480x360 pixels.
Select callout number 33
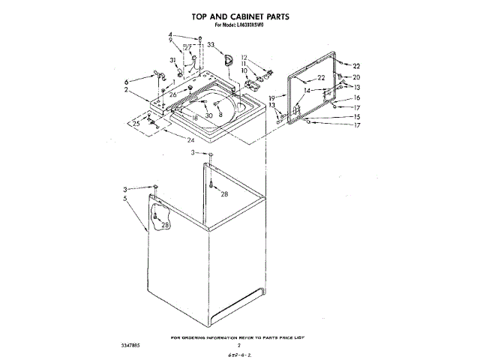[x=210, y=45]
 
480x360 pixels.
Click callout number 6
[x=127, y=81]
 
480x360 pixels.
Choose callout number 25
[x=136, y=123]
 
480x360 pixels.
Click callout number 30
[x=209, y=115]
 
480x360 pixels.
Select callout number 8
[x=220, y=114]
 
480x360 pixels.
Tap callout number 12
[x=244, y=57]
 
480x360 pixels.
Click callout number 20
[x=356, y=77]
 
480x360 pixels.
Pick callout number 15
[x=357, y=117]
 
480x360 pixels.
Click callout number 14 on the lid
[x=307, y=90]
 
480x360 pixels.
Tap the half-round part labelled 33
[x=230, y=58]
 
